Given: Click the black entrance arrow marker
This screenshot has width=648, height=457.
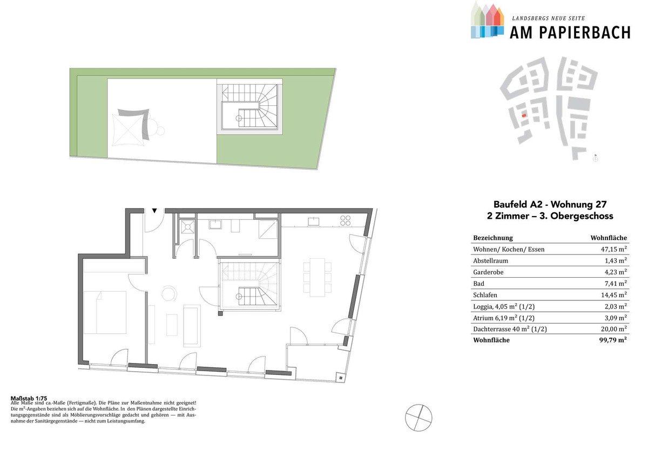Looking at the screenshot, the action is click(154, 211).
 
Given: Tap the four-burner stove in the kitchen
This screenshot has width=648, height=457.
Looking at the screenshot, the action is click(346, 220).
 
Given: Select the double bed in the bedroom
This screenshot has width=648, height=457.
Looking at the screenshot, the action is click(105, 312).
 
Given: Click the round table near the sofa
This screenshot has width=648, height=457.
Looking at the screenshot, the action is click(169, 293).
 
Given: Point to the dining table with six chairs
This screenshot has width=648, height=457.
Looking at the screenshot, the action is click(318, 278).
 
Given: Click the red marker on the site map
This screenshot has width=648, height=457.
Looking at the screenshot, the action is click(524, 116).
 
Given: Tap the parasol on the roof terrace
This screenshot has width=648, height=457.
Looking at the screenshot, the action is click(128, 130).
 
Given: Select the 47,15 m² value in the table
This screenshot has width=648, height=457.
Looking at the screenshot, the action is click(613, 249).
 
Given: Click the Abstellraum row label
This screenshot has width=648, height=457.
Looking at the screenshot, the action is click(490, 260).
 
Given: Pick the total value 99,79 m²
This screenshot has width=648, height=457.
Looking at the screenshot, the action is click(613, 340).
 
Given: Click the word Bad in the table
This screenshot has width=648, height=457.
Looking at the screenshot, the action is click(478, 284).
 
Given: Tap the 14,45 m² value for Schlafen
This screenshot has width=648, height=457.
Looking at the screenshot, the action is click(613, 294).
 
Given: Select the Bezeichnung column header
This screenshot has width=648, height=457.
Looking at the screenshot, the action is click(493, 238).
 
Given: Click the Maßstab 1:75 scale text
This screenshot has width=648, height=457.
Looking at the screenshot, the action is click(29, 399).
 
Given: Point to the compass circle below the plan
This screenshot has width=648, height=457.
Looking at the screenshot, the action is click(418, 418).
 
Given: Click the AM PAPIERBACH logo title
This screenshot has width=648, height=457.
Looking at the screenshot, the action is click(570, 33).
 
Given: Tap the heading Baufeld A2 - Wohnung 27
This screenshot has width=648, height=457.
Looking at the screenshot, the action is click(550, 204).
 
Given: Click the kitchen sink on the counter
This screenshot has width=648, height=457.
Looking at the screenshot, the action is click(313, 221).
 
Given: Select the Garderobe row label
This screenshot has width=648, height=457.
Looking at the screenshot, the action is click(488, 272).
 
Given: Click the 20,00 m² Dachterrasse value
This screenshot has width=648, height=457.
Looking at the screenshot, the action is click(613, 329).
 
